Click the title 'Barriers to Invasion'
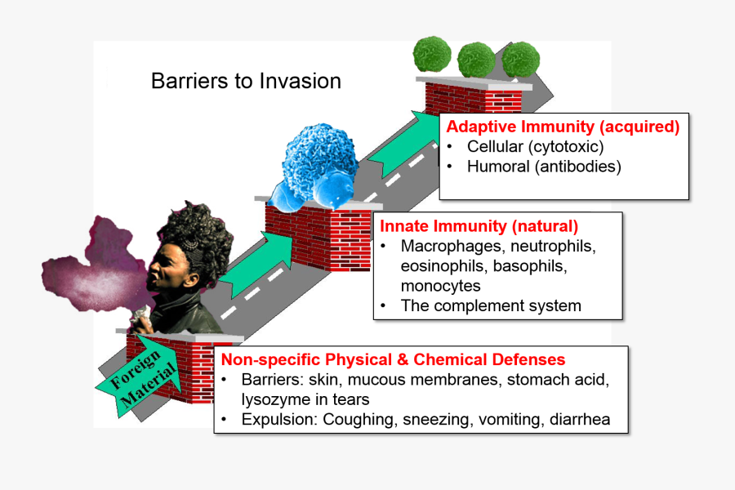(246, 82)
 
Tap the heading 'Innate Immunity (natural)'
(479, 225)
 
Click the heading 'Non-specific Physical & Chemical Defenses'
(394, 359)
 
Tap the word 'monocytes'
(440, 286)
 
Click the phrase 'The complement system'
(491, 306)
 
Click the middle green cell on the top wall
(476, 60)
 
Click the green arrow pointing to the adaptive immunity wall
(406, 147)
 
